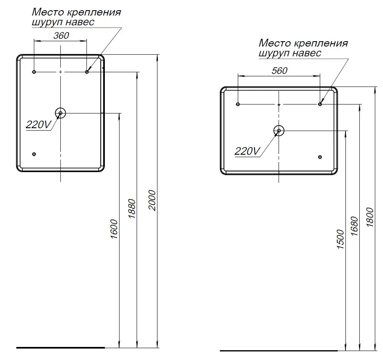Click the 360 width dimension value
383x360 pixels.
pyautogui.click(x=61, y=36)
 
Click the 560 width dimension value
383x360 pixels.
pyautogui.click(x=279, y=71)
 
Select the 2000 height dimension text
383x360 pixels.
pyautogui.click(x=152, y=200)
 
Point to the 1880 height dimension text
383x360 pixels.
pyautogui.click(x=132, y=209)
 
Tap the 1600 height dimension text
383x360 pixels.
pyautogui.click(x=114, y=229)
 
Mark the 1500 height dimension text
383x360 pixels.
pyautogui.click(x=341, y=239)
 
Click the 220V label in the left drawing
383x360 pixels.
pyautogui.click(x=38, y=125)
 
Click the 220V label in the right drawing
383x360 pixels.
pyautogui.click(x=247, y=151)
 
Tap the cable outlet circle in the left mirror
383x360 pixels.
pyautogui.click(x=60, y=113)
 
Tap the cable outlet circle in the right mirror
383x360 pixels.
pyautogui.click(x=279, y=131)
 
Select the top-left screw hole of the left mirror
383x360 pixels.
pyautogui.click(x=34, y=72)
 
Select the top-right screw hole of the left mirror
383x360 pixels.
pyautogui.click(x=87, y=72)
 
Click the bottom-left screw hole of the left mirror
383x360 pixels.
pyautogui.click(x=34, y=154)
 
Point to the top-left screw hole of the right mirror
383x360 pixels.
pyautogui.click(x=238, y=104)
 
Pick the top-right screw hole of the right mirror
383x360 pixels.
pyautogui.click(x=320, y=104)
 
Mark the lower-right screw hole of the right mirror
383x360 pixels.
pyautogui.click(x=320, y=157)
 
